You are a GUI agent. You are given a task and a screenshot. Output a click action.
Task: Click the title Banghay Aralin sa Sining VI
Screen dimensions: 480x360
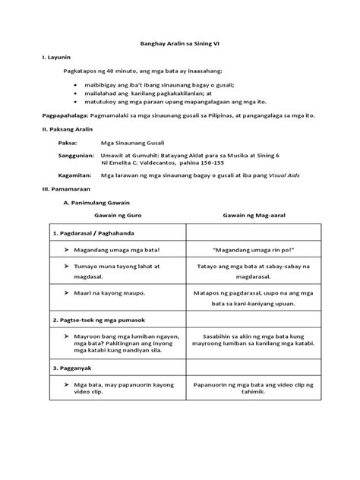point(179,45)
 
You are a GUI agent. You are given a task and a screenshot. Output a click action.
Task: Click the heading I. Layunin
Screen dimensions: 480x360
point(54,58)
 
